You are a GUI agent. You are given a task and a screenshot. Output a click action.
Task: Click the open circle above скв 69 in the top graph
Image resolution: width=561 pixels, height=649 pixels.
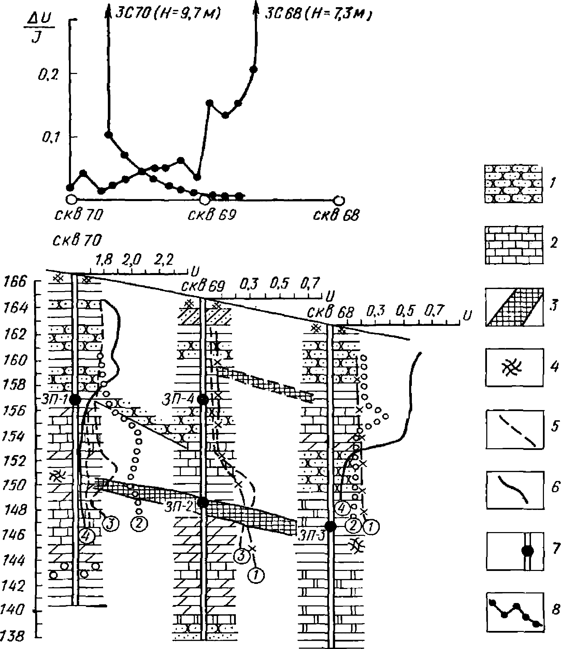pyautogui.click(x=204, y=200)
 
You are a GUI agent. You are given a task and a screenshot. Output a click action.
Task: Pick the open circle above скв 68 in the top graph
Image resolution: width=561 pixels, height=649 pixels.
pyautogui.click(x=339, y=200)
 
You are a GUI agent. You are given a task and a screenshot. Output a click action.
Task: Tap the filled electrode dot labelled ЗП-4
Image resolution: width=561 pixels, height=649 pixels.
pyautogui.click(x=203, y=399)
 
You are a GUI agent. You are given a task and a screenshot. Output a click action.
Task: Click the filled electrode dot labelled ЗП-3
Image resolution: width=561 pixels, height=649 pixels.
pyautogui.click(x=330, y=536)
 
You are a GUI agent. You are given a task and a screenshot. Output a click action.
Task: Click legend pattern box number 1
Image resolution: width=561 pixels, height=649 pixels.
pyautogui.click(x=513, y=184)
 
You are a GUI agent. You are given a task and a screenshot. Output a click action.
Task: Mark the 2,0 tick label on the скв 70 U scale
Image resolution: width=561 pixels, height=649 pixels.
pyautogui.click(x=132, y=260)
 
